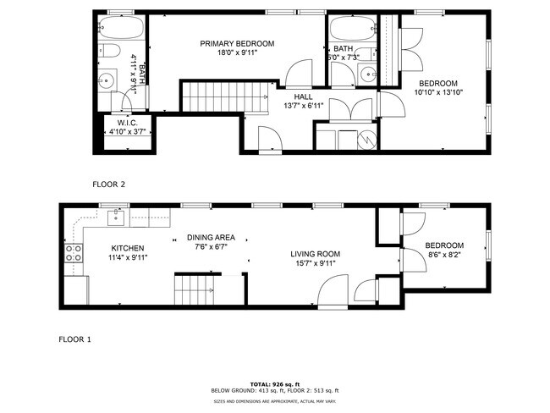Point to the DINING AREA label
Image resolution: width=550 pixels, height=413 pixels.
click(x=211, y=238)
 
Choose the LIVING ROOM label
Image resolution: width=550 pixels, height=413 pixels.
click(x=315, y=253)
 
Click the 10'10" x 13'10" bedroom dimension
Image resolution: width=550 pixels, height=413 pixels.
click(x=439, y=93)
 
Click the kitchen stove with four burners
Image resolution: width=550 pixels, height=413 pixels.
click(x=73, y=253)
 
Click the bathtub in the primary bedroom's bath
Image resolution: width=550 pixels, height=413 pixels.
click(x=107, y=30)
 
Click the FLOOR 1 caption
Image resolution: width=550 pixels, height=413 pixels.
click(x=74, y=339)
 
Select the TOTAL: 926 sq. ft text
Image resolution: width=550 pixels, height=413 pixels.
click(x=274, y=383)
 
